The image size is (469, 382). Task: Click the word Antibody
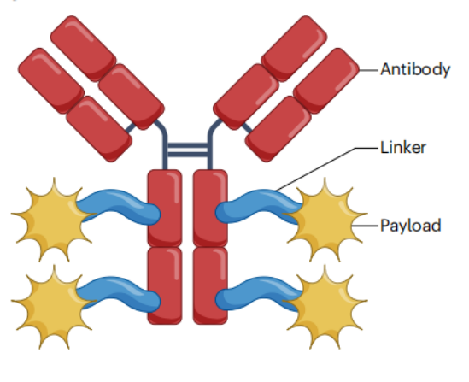415,70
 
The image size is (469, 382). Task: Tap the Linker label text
403,148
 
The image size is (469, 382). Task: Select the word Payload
410,226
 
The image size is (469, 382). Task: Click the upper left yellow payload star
53,220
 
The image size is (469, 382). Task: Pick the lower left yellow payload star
53,307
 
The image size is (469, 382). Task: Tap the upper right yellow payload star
325,220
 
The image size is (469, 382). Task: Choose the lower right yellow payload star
325,307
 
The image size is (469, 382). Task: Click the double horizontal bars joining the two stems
187,150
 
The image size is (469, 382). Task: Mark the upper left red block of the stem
165,208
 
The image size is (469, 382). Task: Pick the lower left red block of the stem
165,285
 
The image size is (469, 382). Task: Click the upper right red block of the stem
210,208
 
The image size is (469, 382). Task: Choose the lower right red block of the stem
210,285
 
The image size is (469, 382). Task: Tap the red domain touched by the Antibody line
326,80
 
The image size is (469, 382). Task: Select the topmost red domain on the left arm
83,48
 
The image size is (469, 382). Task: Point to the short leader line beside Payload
365,226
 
